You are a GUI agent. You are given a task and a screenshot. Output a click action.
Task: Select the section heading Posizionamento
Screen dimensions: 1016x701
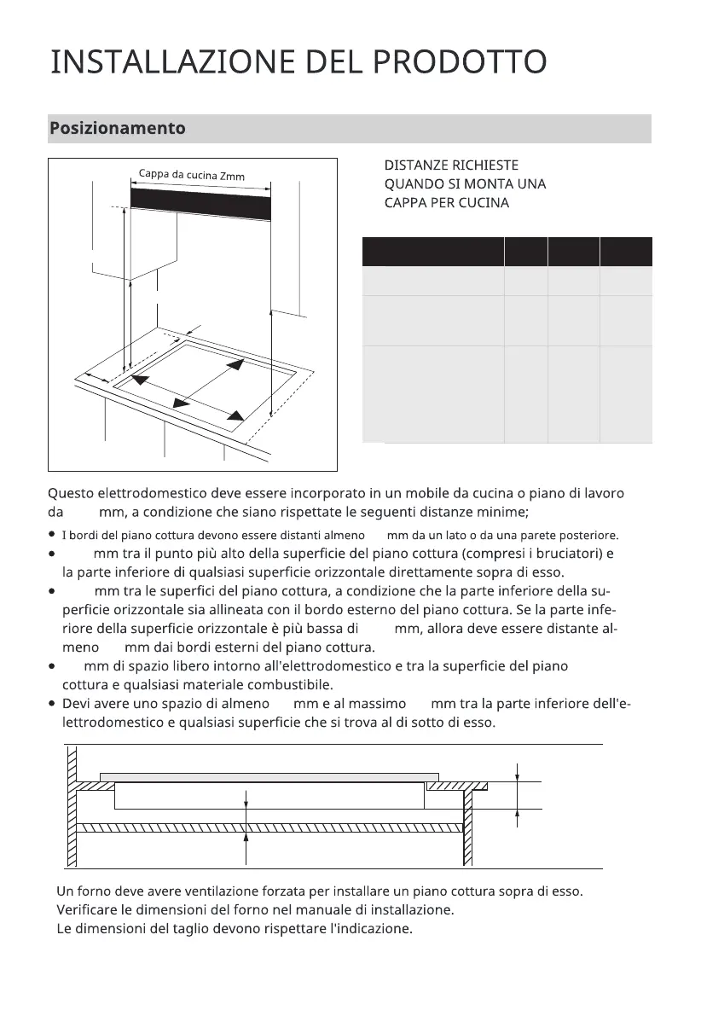(x=117, y=129)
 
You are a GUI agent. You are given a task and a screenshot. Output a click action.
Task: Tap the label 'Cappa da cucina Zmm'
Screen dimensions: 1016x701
(x=192, y=176)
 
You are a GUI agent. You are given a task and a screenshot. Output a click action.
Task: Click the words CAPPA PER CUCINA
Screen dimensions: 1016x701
(x=446, y=203)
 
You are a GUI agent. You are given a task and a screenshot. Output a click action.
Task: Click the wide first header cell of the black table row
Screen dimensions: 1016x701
(x=432, y=252)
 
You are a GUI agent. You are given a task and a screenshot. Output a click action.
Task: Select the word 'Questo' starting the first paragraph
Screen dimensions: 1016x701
(x=71, y=493)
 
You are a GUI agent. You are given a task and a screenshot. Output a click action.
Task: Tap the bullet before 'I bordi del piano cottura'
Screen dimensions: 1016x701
(x=52, y=535)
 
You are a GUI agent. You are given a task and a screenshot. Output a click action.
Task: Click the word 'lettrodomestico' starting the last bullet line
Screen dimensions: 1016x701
(x=111, y=722)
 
